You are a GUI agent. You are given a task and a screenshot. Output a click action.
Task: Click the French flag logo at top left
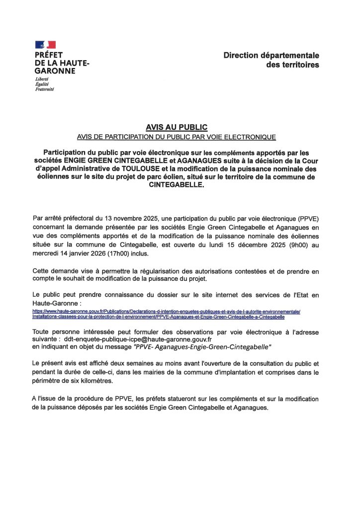[45, 45]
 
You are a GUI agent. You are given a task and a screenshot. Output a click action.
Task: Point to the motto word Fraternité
[45, 89]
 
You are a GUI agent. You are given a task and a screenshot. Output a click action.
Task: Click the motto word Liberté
[42, 79]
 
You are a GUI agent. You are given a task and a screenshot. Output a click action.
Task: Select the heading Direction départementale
[271, 56]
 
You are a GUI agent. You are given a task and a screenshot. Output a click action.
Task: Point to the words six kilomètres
[91, 382]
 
